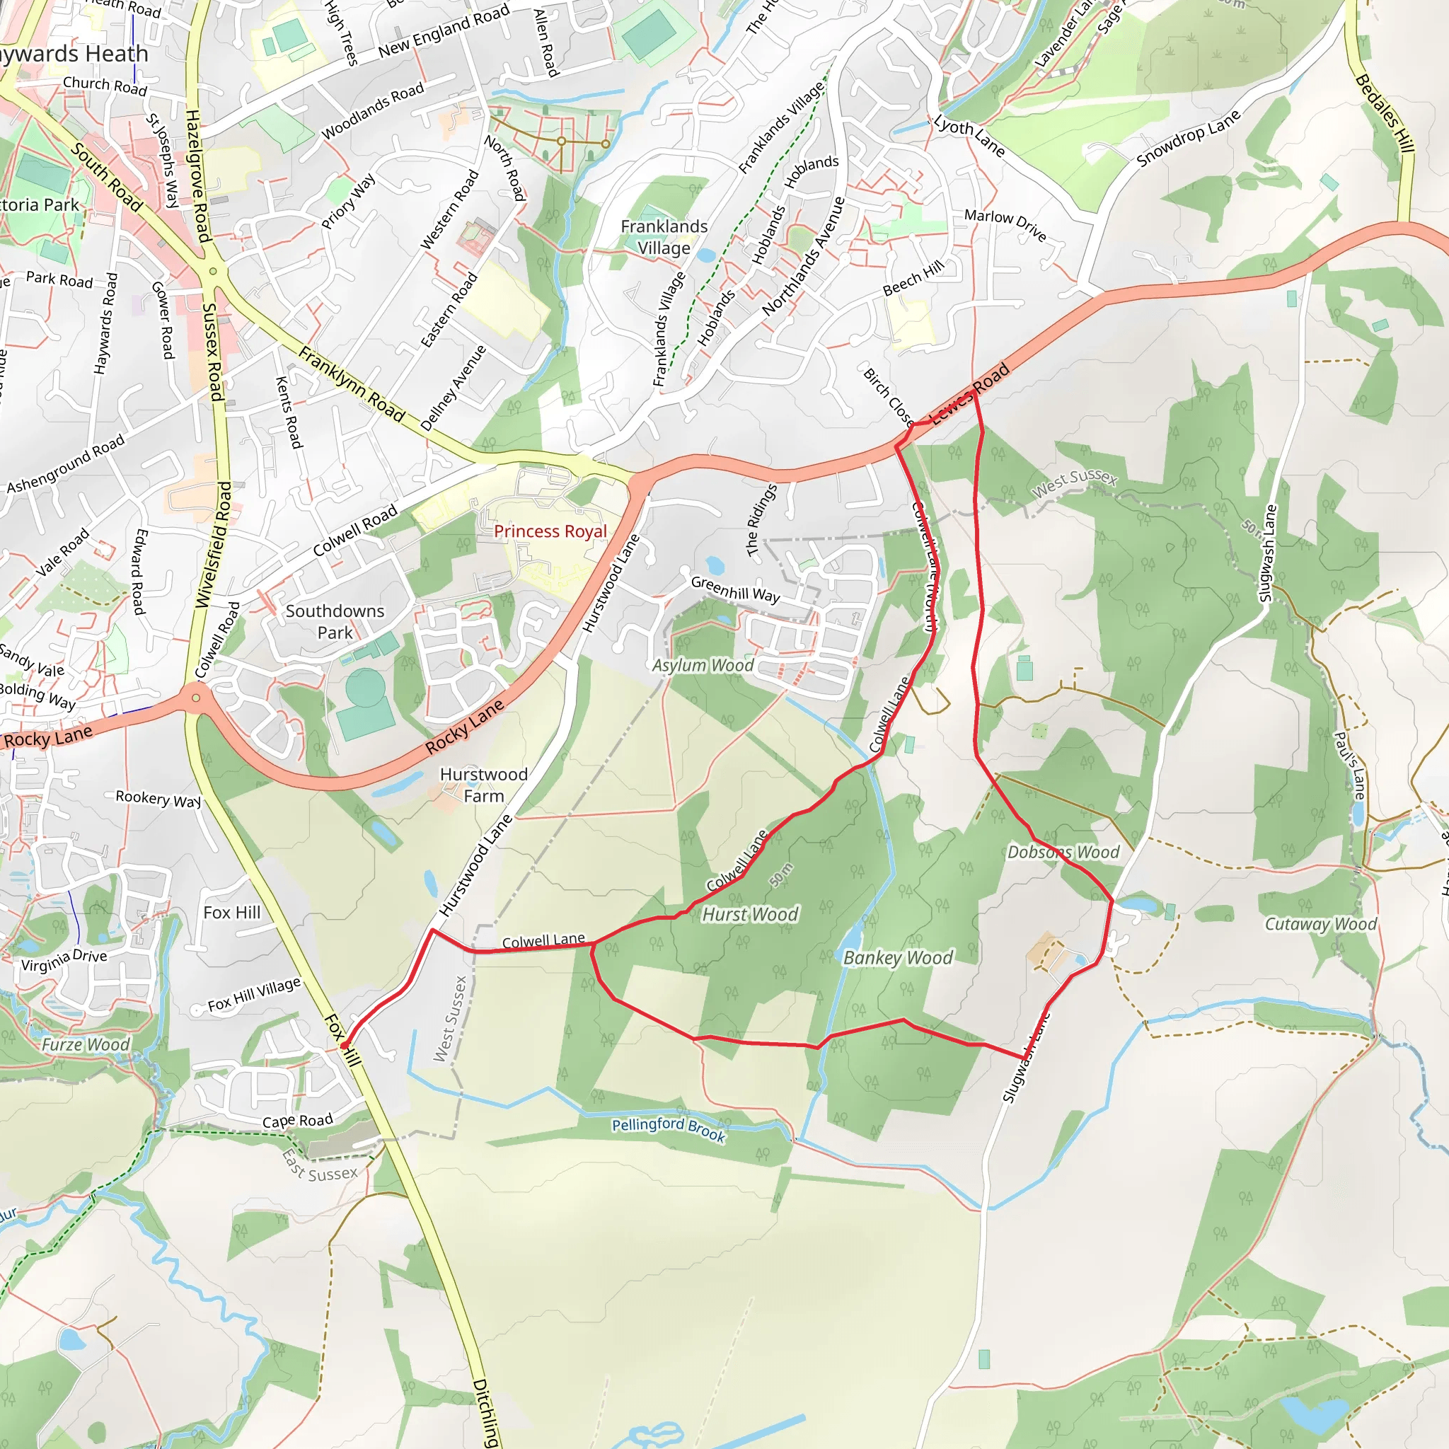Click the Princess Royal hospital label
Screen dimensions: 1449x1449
(x=550, y=531)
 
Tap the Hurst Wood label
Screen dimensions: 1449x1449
(x=749, y=914)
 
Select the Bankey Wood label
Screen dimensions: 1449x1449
(x=898, y=958)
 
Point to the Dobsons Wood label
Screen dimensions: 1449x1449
(x=1063, y=852)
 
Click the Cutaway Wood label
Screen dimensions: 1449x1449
(x=1320, y=924)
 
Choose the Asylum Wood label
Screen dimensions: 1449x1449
(x=702, y=665)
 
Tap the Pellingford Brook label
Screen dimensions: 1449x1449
(x=668, y=1129)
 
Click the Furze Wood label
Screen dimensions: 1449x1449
(x=86, y=1045)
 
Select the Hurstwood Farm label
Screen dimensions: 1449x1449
(x=484, y=785)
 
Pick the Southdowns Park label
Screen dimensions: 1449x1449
(x=335, y=622)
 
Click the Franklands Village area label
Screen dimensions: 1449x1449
(x=664, y=237)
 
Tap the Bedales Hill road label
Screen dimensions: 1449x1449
(x=1385, y=113)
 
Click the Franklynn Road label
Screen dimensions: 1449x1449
(x=351, y=384)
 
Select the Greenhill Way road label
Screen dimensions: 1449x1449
(x=735, y=589)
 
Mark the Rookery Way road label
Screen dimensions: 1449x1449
(x=158, y=799)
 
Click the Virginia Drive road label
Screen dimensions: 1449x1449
(x=64, y=960)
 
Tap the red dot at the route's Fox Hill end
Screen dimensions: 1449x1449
(x=343, y=1045)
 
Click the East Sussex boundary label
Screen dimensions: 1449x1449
(x=321, y=1165)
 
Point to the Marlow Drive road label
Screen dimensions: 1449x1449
(x=1004, y=224)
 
